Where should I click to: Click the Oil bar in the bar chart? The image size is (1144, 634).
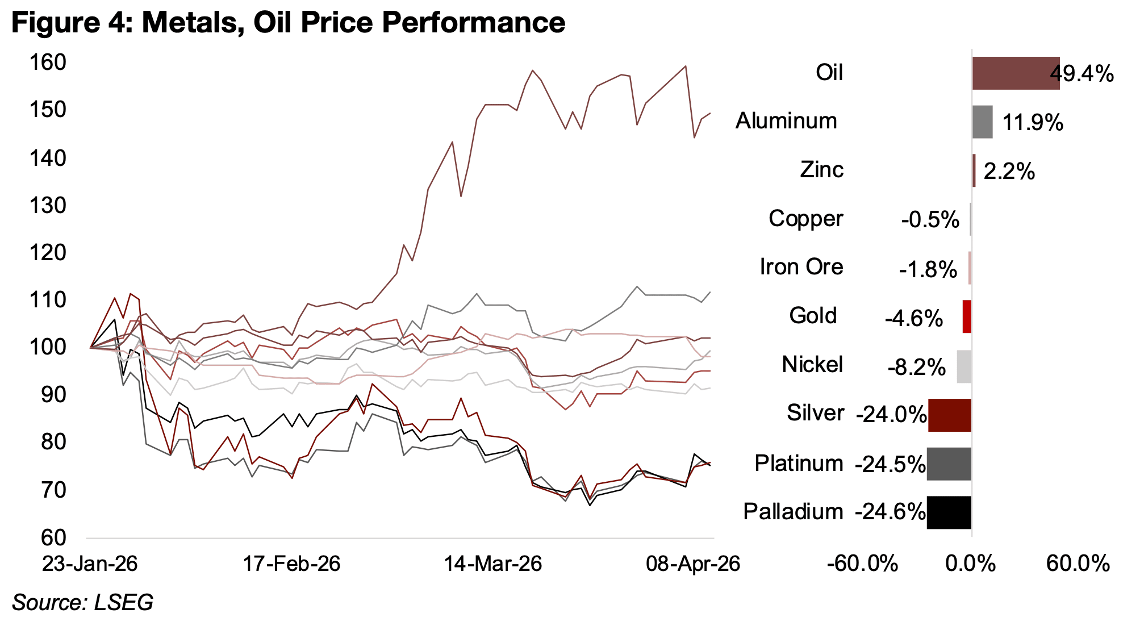pyautogui.click(x=1015, y=73)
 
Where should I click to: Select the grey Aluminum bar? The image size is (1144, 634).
pyautogui.click(x=982, y=122)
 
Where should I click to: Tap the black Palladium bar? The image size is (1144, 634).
pyautogui.click(x=949, y=512)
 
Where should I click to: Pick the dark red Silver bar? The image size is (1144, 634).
pyautogui.click(x=949, y=415)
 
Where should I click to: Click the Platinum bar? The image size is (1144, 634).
pyautogui.click(x=949, y=464)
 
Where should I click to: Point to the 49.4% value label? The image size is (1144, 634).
pyautogui.click(x=1082, y=74)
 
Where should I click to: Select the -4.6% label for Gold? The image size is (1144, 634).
pyautogui.click(x=913, y=319)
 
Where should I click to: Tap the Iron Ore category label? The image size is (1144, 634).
pyautogui.click(x=801, y=267)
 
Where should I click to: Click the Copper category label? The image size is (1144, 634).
pyautogui.click(x=805, y=219)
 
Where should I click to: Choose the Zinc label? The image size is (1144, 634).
pyautogui.click(x=821, y=170)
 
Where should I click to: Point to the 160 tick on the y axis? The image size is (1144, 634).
pyautogui.click(x=48, y=62)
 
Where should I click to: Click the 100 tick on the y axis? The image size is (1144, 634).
pyautogui.click(x=48, y=347)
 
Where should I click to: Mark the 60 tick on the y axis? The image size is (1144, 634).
pyautogui.click(x=53, y=537)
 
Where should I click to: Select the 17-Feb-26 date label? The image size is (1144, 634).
pyautogui.click(x=291, y=564)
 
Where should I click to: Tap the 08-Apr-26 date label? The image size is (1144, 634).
pyautogui.click(x=693, y=564)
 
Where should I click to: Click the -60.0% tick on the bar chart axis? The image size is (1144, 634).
pyautogui.click(x=862, y=564)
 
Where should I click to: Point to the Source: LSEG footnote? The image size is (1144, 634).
pyautogui.click(x=83, y=603)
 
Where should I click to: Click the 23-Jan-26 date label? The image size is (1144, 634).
pyautogui.click(x=90, y=564)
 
